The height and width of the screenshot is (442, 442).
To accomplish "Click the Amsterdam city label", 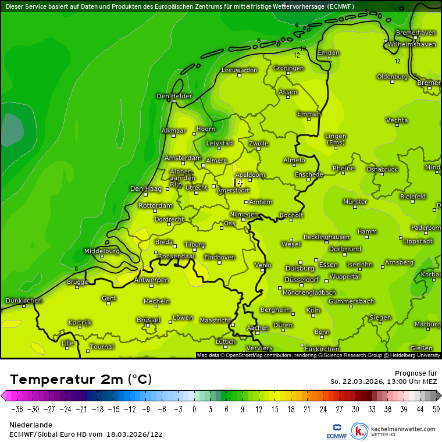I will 183,158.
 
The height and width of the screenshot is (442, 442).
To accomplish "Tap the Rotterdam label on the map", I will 156,206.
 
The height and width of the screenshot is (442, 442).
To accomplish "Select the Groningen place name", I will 288,68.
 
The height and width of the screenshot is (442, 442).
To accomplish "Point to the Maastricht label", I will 215,320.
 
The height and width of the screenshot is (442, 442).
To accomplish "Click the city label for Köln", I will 313,310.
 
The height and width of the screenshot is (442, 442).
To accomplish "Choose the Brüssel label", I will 148,320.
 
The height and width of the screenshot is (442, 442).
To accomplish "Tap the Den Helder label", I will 174,96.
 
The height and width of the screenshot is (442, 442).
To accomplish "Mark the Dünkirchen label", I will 24,300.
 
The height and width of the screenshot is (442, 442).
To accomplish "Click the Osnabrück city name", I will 382,169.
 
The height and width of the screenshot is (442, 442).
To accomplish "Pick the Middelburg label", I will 102,251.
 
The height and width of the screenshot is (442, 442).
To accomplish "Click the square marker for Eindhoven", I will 220,262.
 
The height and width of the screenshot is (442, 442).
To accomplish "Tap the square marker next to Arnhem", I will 247,202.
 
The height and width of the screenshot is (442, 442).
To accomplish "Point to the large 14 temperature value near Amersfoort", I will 238,183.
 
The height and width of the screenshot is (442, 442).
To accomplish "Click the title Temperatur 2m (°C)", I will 81,380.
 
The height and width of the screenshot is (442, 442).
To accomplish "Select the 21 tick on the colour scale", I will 305,409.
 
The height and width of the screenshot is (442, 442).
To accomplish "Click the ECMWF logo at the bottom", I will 337,431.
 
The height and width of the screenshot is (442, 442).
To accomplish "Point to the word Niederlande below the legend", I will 31,425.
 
